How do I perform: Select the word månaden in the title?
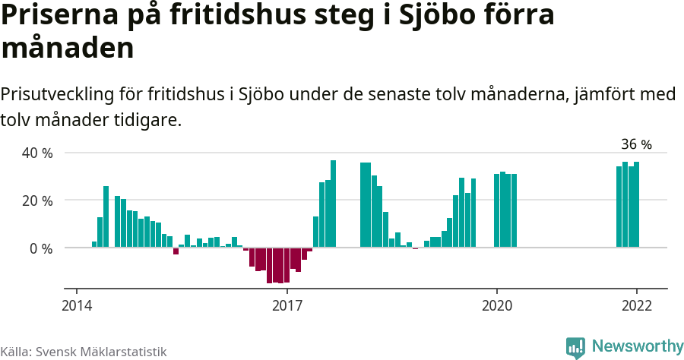pos(68,49)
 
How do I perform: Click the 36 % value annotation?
pos(636,144)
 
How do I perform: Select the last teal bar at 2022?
pos(637,204)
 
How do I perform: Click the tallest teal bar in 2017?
pos(333,204)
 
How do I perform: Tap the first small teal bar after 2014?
pos(94,245)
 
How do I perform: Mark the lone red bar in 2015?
pos(176,251)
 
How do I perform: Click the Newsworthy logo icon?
pos(575,347)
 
